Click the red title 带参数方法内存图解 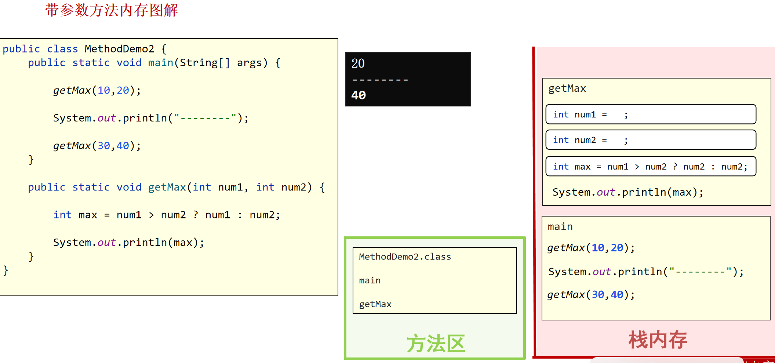[112, 10]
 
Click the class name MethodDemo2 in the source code [119, 49]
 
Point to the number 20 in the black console [358, 63]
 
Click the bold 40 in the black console [359, 95]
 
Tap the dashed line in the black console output [380, 80]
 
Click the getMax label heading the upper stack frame [567, 88]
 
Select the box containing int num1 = [651, 114]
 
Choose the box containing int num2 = [651, 140]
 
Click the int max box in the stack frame [651, 166]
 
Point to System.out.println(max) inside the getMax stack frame [628, 192]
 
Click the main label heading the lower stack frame [560, 227]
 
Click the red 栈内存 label [658, 340]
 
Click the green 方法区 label [436, 344]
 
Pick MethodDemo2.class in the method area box [405, 257]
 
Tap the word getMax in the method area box [375, 304]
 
